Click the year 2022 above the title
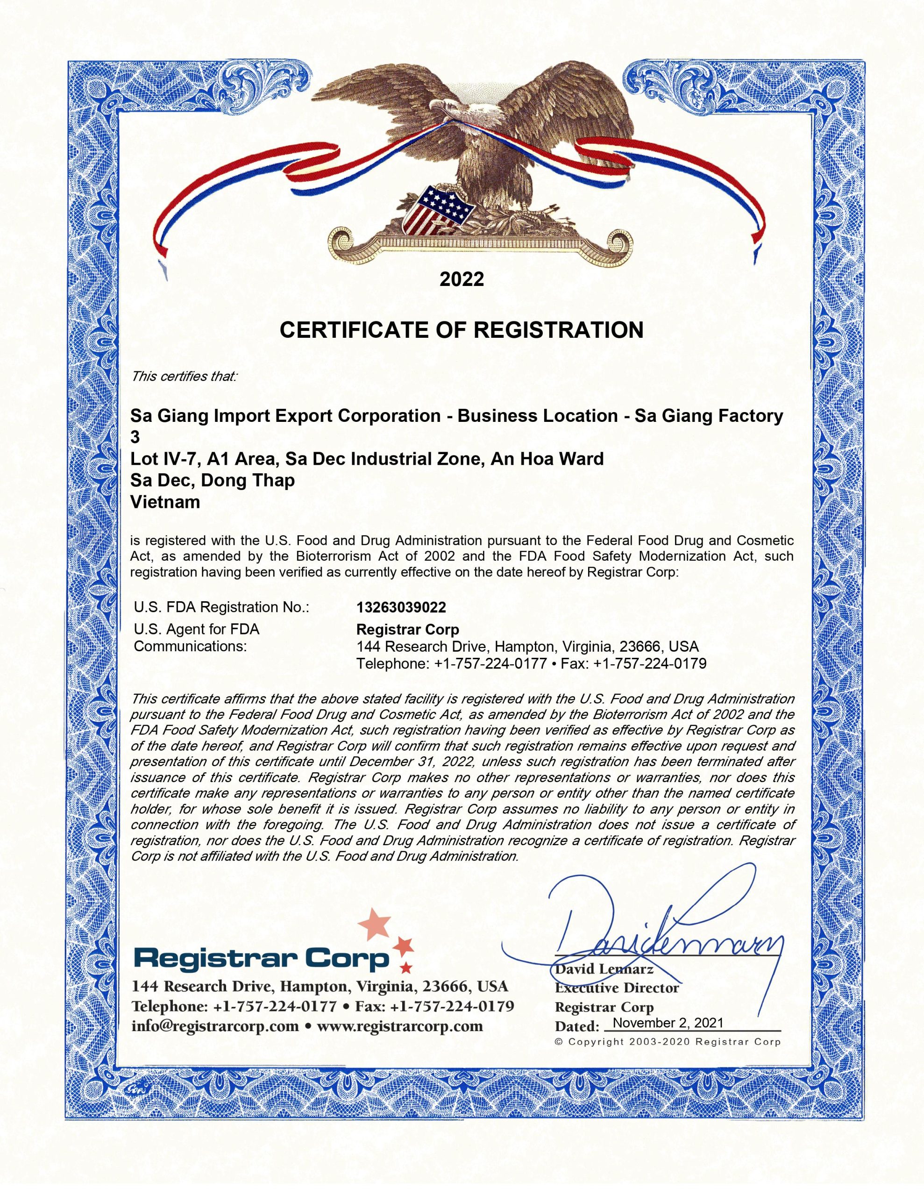(x=462, y=279)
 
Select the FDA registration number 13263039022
(x=401, y=607)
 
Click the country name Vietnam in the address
(x=165, y=502)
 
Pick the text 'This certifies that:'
(x=184, y=377)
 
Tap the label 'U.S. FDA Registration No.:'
(x=221, y=607)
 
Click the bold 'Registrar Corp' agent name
(x=407, y=629)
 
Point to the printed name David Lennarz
(x=604, y=969)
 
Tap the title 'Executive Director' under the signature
(x=617, y=988)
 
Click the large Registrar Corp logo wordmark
(x=261, y=958)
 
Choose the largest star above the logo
(x=375, y=922)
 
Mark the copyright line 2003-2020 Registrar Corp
(x=668, y=1041)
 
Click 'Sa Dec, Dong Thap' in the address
(x=213, y=480)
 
